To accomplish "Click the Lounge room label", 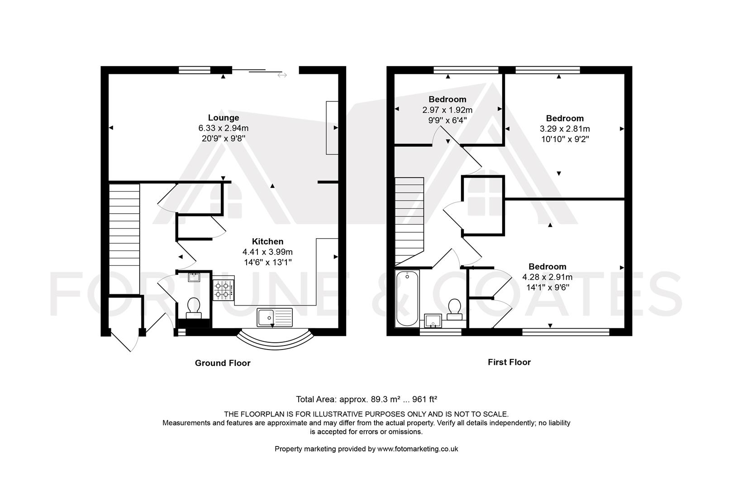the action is coord(224,118).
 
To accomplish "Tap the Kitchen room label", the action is coord(268,241).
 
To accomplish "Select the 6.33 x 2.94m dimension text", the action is coord(224,128).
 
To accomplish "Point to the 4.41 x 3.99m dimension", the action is coord(267,252).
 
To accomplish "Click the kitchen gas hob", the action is coord(224,290).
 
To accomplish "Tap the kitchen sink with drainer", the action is coord(275,317).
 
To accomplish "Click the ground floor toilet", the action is coord(193,308).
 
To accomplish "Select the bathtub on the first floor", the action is coord(407,298).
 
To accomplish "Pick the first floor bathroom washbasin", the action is coord(433,321).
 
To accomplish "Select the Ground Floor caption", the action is coord(223,363).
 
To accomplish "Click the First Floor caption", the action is coord(509,362).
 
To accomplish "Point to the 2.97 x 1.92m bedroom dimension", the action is coord(447,110).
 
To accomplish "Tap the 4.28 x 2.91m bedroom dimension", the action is coord(547,277).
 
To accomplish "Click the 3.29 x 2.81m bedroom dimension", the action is coord(565,129).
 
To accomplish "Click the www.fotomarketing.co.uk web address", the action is coord(418,449).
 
